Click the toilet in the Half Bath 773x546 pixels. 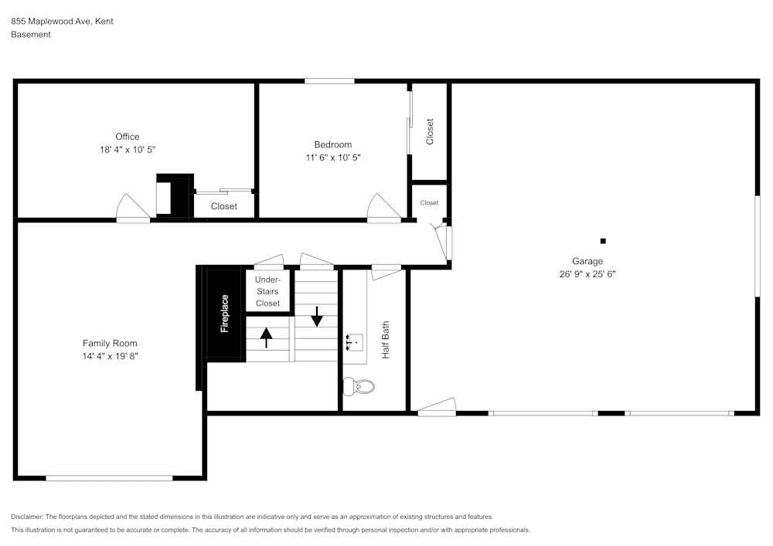click(359, 386)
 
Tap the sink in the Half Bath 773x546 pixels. click(355, 341)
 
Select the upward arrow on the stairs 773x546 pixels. click(266, 337)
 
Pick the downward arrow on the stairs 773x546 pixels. click(316, 316)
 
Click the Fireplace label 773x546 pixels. click(225, 314)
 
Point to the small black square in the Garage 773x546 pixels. click(602, 241)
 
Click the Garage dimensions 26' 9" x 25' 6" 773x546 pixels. click(587, 274)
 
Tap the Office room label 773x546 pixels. click(128, 137)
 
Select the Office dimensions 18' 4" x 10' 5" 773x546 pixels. click(128, 150)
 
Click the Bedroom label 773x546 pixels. click(332, 144)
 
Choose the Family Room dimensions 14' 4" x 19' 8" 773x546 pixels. click(110, 356)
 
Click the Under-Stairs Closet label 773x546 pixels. click(267, 291)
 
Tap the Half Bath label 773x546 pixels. click(386, 340)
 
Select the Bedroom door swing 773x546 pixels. click(383, 206)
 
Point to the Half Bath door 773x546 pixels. click(386, 273)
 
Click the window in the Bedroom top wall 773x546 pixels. click(329, 81)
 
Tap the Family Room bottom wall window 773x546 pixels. click(110, 478)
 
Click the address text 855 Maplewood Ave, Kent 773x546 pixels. click(62, 21)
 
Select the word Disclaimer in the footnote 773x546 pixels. click(26, 517)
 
